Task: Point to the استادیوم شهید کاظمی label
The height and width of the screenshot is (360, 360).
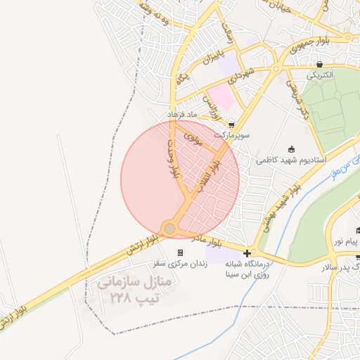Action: tap(291, 160)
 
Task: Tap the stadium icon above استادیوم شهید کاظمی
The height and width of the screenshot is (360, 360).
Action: tap(292, 149)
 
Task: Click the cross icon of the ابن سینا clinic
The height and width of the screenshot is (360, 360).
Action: tap(247, 253)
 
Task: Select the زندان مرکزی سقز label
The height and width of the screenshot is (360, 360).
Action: tap(180, 264)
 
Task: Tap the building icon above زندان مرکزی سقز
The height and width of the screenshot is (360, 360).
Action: tap(180, 253)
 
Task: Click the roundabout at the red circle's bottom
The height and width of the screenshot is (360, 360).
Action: tap(169, 228)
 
